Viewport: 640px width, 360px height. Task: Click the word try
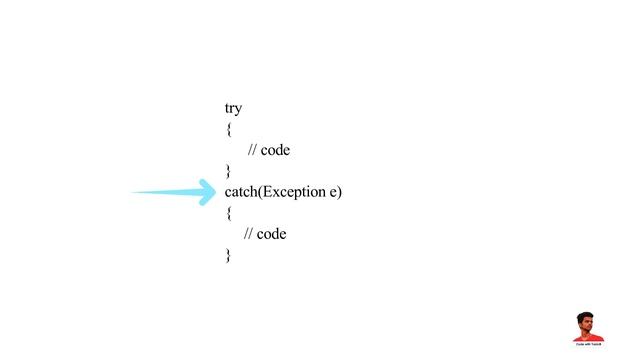tap(233, 108)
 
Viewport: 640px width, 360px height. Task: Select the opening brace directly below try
tap(228, 130)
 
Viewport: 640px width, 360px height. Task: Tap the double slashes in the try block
tap(252, 150)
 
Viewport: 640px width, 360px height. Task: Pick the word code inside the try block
tap(275, 150)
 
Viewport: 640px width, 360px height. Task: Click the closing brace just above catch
tap(228, 171)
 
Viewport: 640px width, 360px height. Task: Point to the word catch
tap(241, 191)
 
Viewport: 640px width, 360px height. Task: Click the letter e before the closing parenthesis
tap(333, 192)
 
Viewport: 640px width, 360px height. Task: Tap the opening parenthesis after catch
tap(260, 191)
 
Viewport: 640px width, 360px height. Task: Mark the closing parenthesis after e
tap(340, 191)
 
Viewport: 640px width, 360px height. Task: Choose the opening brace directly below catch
tap(228, 213)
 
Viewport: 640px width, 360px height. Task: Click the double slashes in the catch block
tap(248, 234)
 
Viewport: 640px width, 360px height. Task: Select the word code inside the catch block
tap(271, 234)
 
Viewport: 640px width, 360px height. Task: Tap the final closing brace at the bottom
tap(228, 255)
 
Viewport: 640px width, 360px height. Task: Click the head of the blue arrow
tap(207, 192)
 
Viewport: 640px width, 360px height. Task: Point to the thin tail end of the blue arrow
tap(136, 193)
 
